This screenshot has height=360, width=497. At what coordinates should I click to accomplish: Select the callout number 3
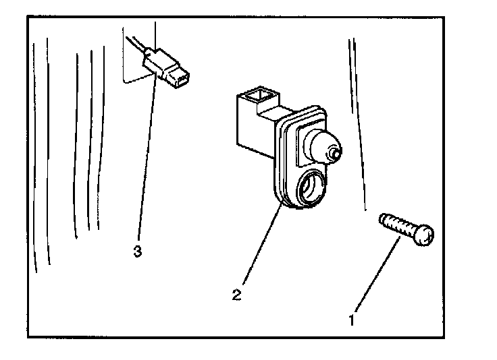(x=137, y=251)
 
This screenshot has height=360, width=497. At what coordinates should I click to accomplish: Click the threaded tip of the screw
(x=384, y=220)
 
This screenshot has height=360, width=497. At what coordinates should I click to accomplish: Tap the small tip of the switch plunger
(x=334, y=154)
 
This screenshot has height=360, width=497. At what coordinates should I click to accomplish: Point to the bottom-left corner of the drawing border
(x=28, y=337)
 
